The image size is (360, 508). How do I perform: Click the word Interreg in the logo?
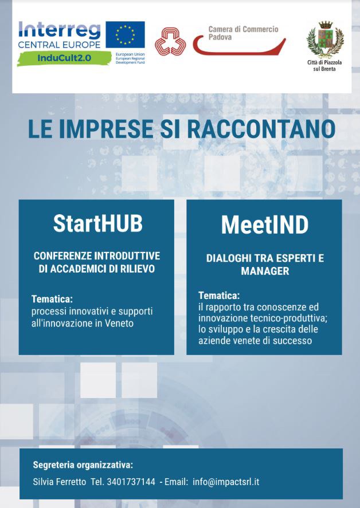click(x=60, y=31)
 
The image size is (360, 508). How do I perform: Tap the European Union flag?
click(x=125, y=35)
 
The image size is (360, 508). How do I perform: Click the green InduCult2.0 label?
click(x=64, y=58)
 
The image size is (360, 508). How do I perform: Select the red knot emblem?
click(x=170, y=41)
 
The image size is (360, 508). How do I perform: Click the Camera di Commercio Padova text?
click(x=243, y=33)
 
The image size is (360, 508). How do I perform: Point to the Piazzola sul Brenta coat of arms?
click(x=325, y=39)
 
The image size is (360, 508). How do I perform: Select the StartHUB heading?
click(x=97, y=223)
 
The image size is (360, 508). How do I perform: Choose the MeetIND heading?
click(x=265, y=225)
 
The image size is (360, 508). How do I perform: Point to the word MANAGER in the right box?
click(x=265, y=271)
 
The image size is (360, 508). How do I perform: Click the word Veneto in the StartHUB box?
click(x=119, y=324)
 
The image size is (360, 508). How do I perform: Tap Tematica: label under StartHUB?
click(x=52, y=299)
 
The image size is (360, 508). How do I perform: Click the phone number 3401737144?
click(x=131, y=482)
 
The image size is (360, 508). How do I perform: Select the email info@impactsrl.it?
click(x=226, y=482)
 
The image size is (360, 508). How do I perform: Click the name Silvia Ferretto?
click(x=60, y=482)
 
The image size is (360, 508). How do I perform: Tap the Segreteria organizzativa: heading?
click(x=83, y=465)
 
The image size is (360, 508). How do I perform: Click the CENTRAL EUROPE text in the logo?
click(x=60, y=45)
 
